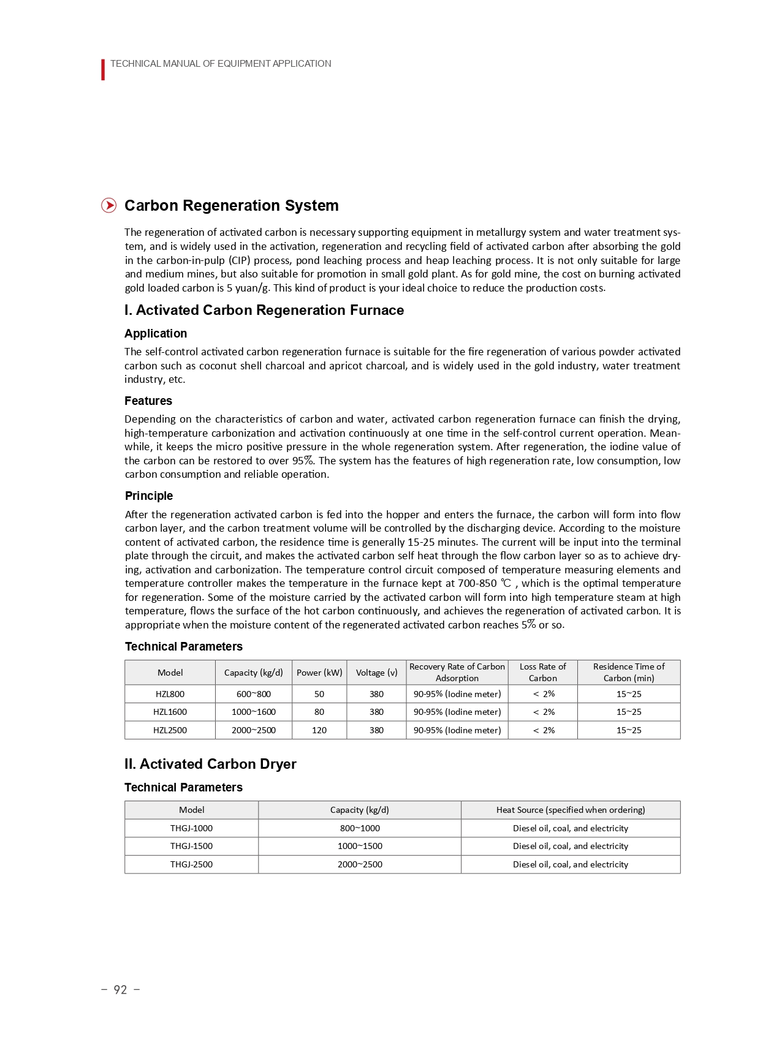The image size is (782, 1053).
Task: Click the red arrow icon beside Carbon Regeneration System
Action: click(108, 205)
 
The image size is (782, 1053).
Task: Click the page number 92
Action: click(120, 989)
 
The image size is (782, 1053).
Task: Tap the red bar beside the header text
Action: click(103, 70)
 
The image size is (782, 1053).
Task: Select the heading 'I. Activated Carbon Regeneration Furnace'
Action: click(264, 310)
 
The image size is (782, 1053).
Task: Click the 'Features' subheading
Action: click(148, 401)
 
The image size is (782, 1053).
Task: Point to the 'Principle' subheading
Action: click(148, 496)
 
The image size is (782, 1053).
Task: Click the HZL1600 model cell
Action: click(170, 712)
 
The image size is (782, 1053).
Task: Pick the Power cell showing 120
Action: click(319, 730)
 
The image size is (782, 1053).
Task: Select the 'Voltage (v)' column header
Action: click(376, 673)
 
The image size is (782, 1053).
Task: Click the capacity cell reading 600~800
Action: click(253, 694)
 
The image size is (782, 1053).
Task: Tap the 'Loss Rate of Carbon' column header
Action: click(542, 673)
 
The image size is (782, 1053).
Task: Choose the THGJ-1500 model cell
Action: click(191, 846)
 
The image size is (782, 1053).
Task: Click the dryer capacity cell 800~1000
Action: click(360, 828)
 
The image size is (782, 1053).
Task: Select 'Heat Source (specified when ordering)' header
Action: click(570, 810)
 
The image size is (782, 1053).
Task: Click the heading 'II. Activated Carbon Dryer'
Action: click(210, 764)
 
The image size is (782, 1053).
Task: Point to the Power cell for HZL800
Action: click(319, 694)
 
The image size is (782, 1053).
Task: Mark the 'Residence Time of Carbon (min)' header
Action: click(628, 673)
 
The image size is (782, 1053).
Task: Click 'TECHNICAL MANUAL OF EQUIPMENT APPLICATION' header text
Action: click(221, 64)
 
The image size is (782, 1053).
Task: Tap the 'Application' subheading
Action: click(156, 333)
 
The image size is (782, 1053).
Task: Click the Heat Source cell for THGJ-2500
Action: click(570, 864)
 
